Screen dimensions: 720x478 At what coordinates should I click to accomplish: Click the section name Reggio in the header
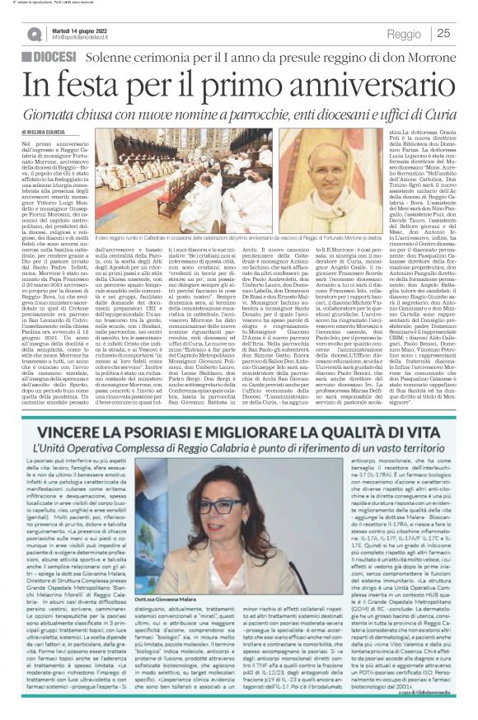pyautogui.click(x=403, y=34)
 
